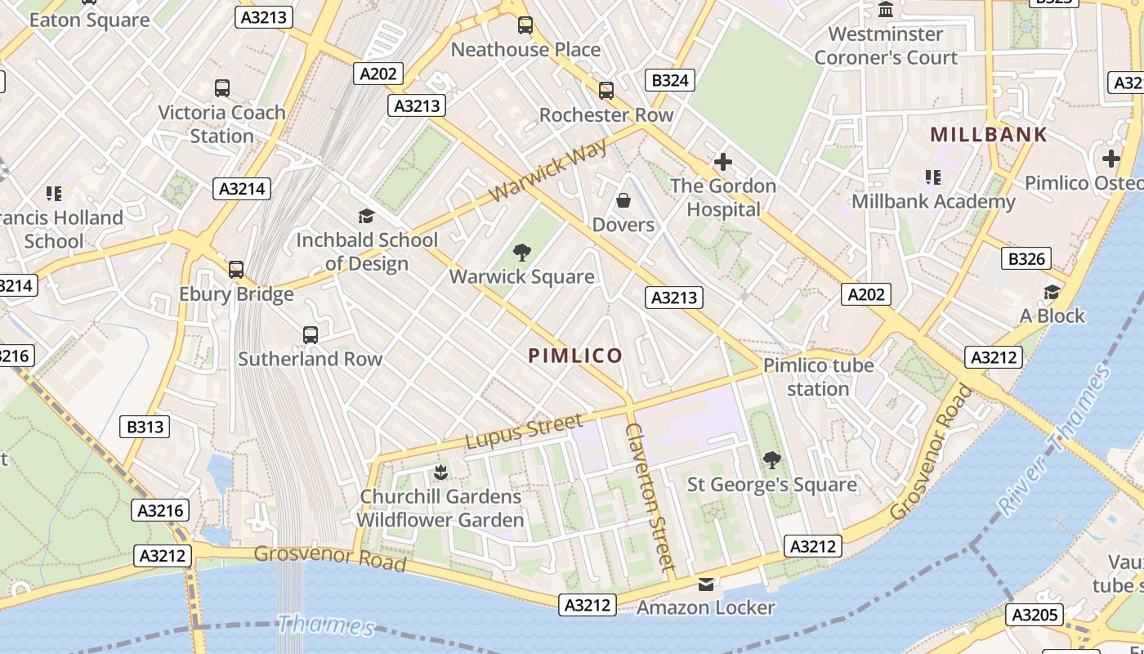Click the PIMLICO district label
pyautogui.click(x=575, y=356)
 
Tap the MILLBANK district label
pyautogui.click(x=989, y=135)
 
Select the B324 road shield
pyautogui.click(x=669, y=80)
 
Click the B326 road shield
pyautogui.click(x=1026, y=259)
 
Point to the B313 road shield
pyautogui.click(x=145, y=426)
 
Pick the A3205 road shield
pyautogui.click(x=1035, y=615)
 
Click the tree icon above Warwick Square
pyautogui.click(x=521, y=253)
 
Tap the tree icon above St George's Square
pyautogui.click(x=771, y=460)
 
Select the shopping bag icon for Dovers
pyautogui.click(x=623, y=200)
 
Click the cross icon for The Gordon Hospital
pyautogui.click(x=722, y=162)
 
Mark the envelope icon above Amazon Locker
pyautogui.click(x=705, y=584)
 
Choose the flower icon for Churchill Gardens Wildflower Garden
pyautogui.click(x=440, y=472)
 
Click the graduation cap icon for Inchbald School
pyautogui.click(x=366, y=216)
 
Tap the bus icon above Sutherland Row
pyautogui.click(x=310, y=334)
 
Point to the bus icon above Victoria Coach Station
pyautogui.click(x=221, y=87)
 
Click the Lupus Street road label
pyautogui.click(x=524, y=431)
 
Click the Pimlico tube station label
pyautogui.click(x=818, y=377)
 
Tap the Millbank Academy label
pyautogui.click(x=933, y=201)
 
